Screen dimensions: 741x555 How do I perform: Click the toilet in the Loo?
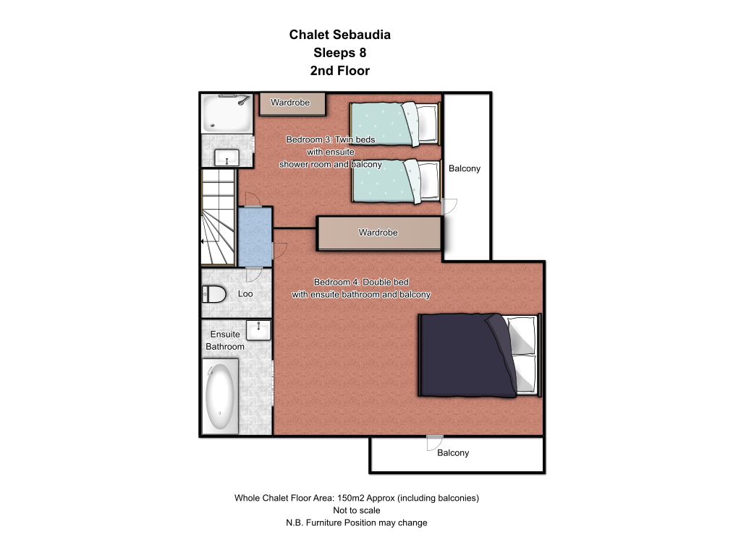(214, 294)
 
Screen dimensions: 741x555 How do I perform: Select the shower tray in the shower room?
(226, 113)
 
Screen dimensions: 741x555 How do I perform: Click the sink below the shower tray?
(226, 158)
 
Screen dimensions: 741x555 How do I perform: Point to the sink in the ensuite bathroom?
(258, 330)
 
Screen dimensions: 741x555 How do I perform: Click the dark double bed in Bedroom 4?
(480, 356)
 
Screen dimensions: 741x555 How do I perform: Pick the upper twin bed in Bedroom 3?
(395, 124)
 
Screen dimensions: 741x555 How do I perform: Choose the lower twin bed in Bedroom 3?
(396, 181)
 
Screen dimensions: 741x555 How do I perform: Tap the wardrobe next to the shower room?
(292, 104)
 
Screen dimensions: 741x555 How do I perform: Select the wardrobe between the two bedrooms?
(379, 233)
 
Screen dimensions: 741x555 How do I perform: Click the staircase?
(218, 217)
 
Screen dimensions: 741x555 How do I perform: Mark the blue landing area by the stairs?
(255, 236)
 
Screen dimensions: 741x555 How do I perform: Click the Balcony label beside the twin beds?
(465, 168)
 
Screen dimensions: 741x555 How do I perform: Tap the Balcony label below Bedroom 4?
(453, 453)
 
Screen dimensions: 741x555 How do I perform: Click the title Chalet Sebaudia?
(340, 35)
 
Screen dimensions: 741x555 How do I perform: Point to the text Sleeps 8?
(340, 53)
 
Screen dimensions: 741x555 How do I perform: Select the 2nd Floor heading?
(340, 71)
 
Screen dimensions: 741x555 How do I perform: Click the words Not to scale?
(357, 510)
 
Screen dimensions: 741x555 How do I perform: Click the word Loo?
(245, 293)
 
